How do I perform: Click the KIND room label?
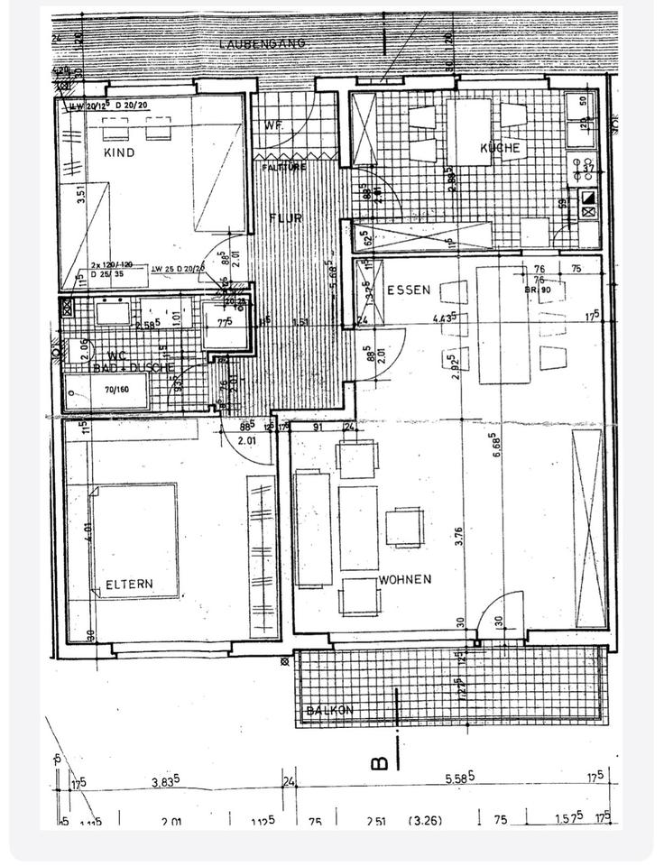pyautogui.click(x=119, y=153)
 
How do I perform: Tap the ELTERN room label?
pyautogui.click(x=129, y=585)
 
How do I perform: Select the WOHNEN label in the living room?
pyautogui.click(x=405, y=579)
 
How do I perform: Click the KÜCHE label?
pyautogui.click(x=500, y=148)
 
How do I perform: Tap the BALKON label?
pyautogui.click(x=329, y=711)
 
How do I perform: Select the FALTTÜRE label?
pyautogui.click(x=283, y=168)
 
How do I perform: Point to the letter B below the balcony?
pyautogui.click(x=380, y=763)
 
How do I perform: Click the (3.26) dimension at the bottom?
pyautogui.click(x=425, y=821)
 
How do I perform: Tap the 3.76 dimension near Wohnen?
pyautogui.click(x=459, y=537)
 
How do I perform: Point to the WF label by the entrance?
pyautogui.click(x=274, y=127)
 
